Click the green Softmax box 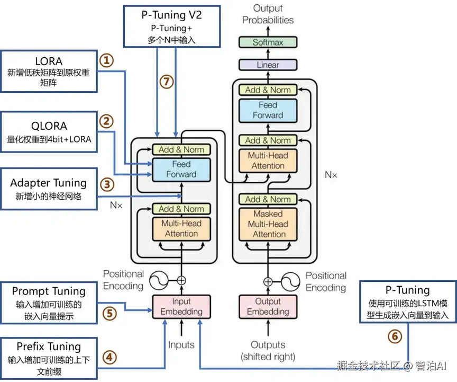[268, 42]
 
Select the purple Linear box [268, 65]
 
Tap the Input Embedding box [181, 307]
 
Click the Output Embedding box [268, 307]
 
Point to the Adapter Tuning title [48, 183]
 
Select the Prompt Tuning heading [49, 291]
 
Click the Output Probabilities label [268, 14]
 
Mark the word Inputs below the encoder [181, 345]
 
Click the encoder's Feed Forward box [181, 169]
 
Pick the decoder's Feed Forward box [268, 110]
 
